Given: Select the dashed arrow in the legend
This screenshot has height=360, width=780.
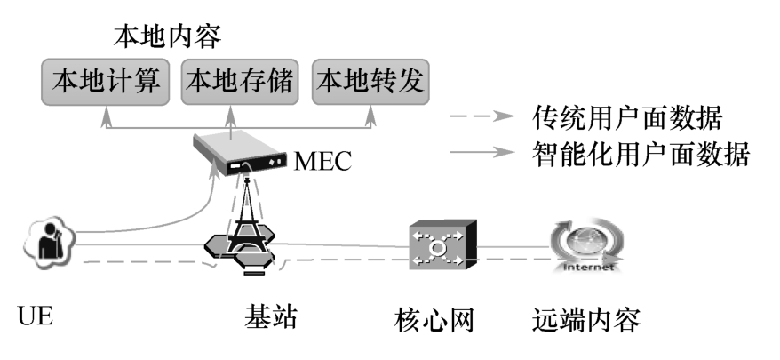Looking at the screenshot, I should click(x=481, y=116).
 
